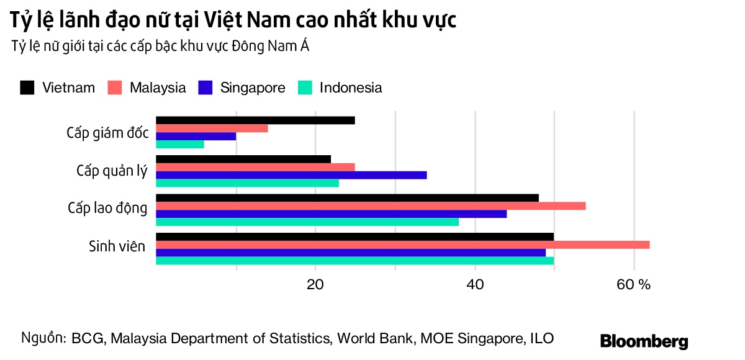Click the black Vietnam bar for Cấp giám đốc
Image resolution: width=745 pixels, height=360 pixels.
coord(255,120)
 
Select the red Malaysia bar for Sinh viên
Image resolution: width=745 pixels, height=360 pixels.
coord(402,245)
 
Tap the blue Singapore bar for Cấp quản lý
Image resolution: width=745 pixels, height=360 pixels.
coord(291,175)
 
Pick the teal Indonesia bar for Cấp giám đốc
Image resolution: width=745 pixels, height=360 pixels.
coord(179,145)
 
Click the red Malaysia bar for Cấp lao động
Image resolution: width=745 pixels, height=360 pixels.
coord(371,205)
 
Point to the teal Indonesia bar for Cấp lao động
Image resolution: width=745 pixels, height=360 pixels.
coord(307,222)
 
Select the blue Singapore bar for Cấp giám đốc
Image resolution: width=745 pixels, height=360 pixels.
coord(196,136)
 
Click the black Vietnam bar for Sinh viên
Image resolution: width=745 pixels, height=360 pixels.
coord(354,236)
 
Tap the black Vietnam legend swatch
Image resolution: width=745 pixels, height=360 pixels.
coord(27,88)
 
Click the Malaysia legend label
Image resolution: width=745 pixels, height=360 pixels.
coord(158,88)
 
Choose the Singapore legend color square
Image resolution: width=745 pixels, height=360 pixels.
coord(205,88)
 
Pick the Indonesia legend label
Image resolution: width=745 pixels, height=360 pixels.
coord(351,88)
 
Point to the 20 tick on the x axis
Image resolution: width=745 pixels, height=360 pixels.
coord(315,285)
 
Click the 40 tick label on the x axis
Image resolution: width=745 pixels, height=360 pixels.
coord(475,285)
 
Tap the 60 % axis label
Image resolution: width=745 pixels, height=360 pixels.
coord(634,285)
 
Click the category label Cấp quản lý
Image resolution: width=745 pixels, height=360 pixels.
coord(112,171)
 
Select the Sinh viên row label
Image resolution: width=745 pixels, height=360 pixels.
coord(117,246)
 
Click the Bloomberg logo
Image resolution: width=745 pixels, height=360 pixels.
coord(644,341)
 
